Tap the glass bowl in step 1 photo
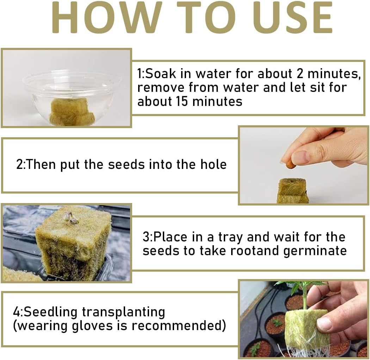72,88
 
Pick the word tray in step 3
230,237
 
